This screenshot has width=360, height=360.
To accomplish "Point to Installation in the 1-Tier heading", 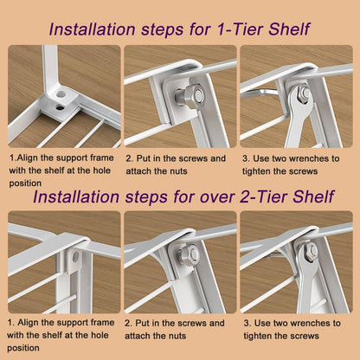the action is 92,29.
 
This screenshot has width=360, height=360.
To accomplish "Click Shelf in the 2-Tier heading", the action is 313,196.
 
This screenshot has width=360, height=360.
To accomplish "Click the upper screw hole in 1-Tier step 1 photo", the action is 61,94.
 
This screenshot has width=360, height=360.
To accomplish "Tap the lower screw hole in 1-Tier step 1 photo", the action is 61,107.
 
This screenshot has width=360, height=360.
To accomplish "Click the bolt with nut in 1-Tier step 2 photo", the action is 190,93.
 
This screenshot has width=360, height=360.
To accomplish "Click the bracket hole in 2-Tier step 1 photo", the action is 75,256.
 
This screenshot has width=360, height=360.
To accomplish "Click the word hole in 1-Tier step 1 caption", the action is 102,170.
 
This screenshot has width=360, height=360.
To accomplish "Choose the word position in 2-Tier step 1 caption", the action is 23,348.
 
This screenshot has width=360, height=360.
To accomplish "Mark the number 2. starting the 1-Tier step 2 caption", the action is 129,158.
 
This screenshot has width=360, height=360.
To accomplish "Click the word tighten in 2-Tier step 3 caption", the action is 257,336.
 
